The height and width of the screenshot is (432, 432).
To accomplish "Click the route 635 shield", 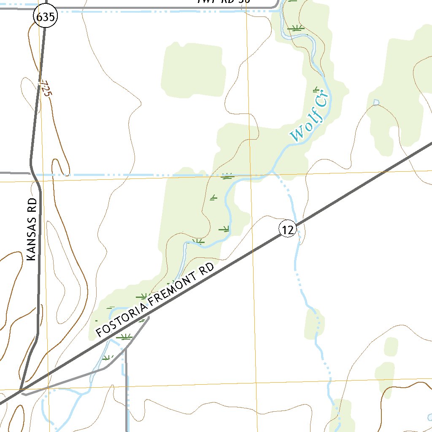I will pyautogui.click(x=45, y=17).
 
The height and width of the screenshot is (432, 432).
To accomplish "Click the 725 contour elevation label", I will pyautogui.click(x=45, y=89).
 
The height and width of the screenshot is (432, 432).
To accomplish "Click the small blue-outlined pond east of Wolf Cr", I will pyautogui.click(x=376, y=102).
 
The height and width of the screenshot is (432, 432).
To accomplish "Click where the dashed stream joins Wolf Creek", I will pyautogui.click(x=273, y=171).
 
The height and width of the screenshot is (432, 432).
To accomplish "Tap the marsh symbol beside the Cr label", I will pyautogui.click(x=316, y=89).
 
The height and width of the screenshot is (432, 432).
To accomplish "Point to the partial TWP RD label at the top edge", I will pyautogui.click(x=224, y=1).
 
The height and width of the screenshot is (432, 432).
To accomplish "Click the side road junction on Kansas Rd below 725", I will pyautogui.click(x=30, y=173).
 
